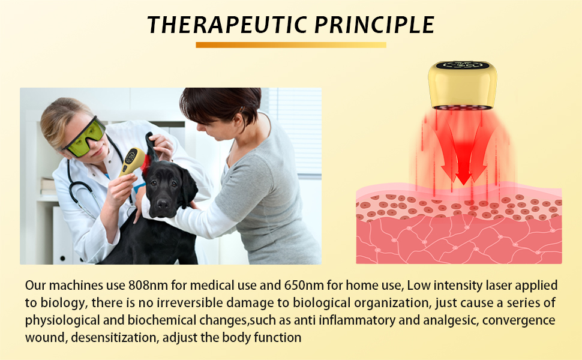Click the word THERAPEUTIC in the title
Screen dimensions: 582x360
[227, 25]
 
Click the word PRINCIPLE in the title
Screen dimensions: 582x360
[374, 25]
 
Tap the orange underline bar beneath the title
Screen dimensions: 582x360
[291, 45]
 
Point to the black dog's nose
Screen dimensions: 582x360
[163, 204]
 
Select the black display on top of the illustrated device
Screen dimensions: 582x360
[463, 65]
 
